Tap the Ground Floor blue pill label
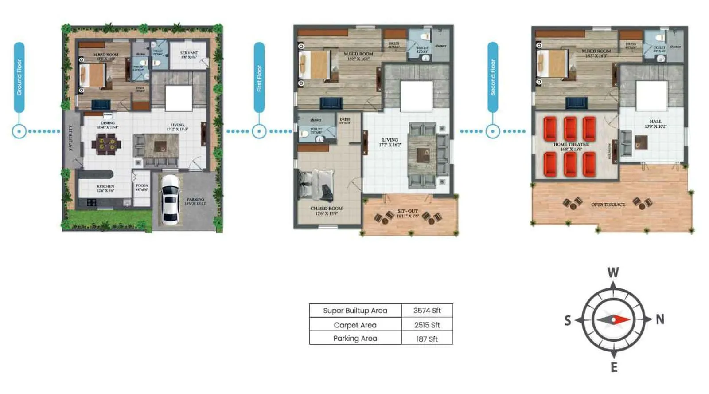19,77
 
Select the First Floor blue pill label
259,78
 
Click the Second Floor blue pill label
493,78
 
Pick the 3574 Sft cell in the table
427,311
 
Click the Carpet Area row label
355,325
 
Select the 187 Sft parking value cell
427,339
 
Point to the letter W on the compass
613,272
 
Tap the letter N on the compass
660,319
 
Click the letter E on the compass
614,367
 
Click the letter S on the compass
568,320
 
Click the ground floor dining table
106,144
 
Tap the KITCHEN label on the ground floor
105,186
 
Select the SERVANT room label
189,53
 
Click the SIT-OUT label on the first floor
407,211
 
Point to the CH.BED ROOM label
326,208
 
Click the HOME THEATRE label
571,144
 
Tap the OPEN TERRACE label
608,205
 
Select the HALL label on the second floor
655,121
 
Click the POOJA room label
142,185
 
